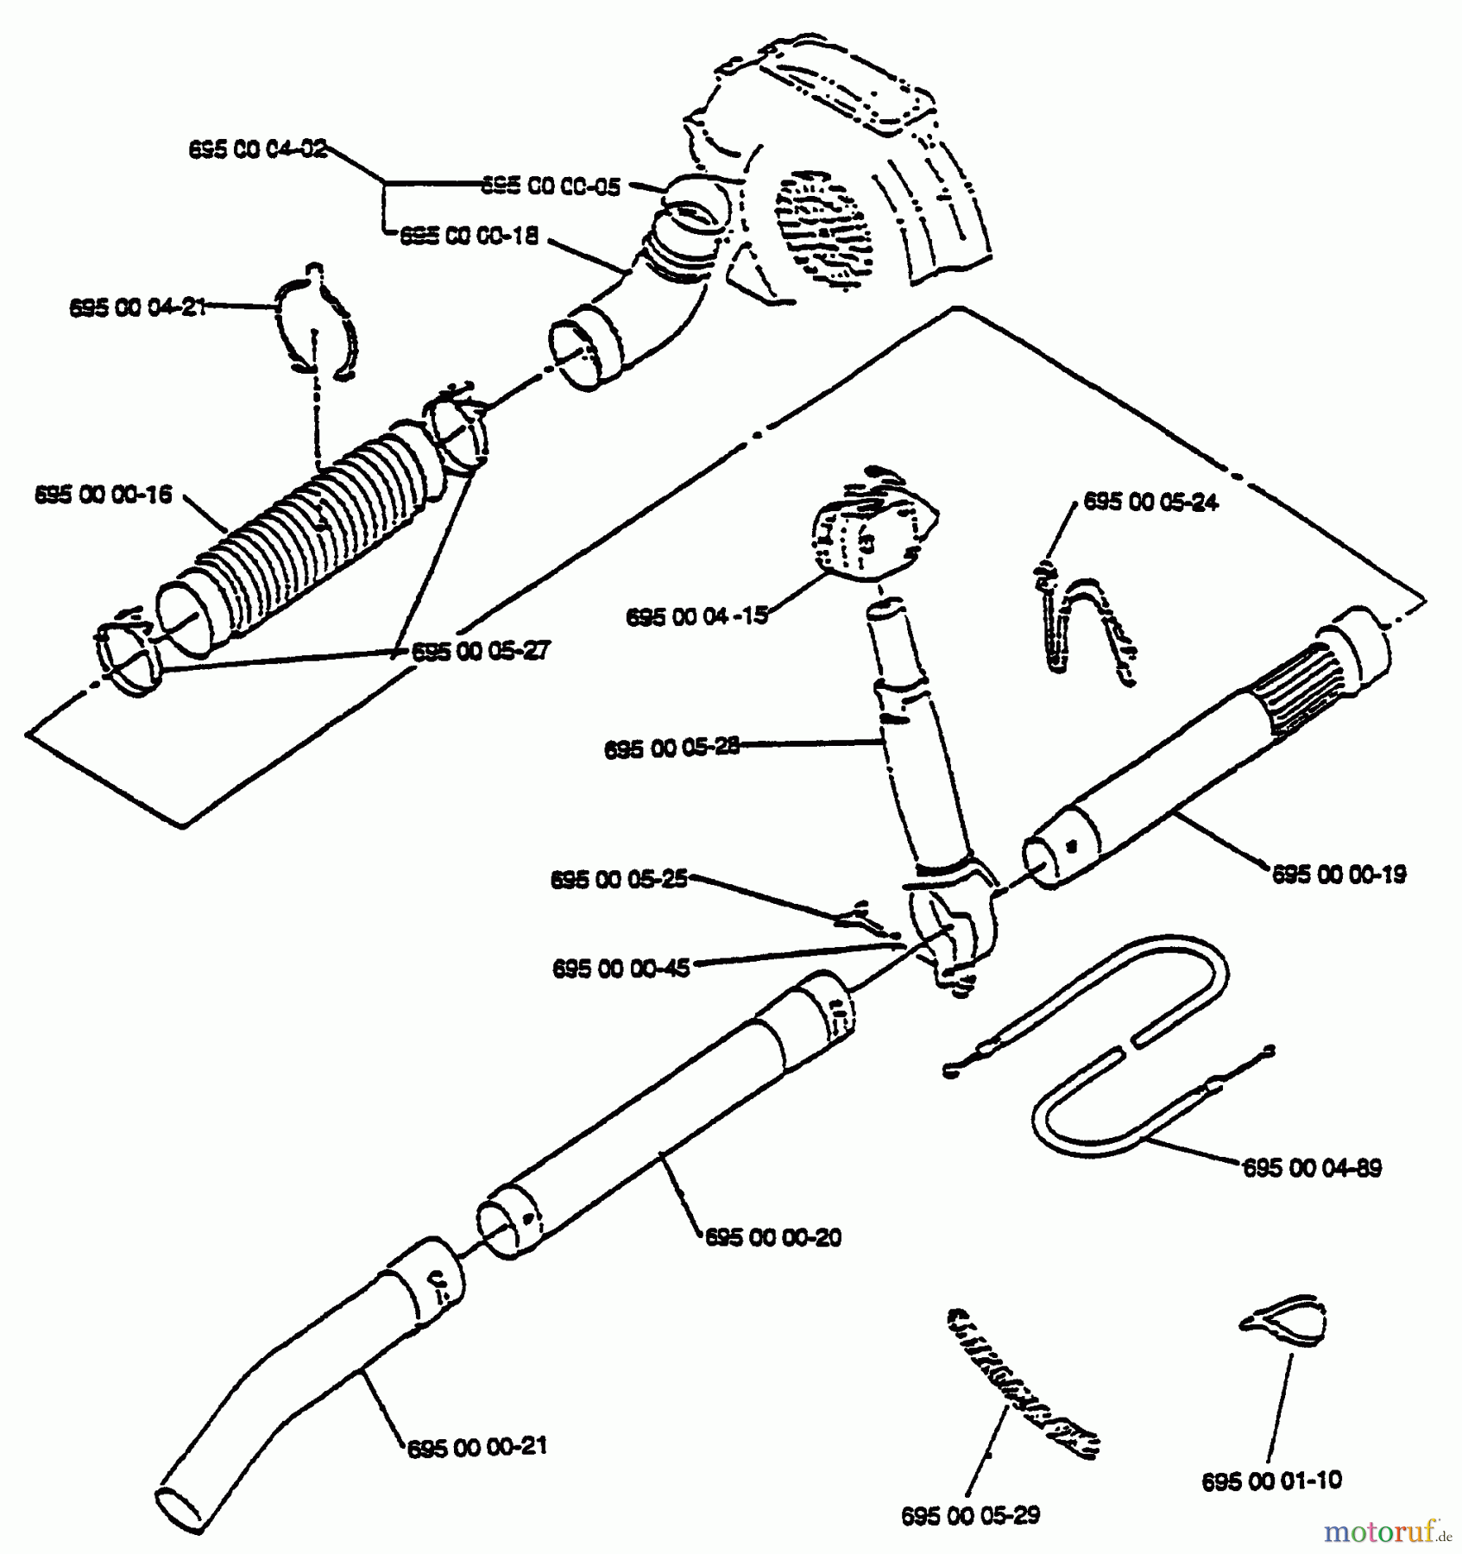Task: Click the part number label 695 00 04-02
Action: click(258, 149)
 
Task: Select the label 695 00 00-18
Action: click(469, 237)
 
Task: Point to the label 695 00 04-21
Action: click(138, 307)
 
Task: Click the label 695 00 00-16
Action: click(103, 495)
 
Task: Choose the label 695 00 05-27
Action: click(480, 651)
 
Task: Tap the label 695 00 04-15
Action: click(696, 616)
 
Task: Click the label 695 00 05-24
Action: click(1150, 502)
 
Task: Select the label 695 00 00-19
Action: click(1339, 875)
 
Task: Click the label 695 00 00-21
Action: click(476, 1446)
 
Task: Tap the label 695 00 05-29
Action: click(970, 1515)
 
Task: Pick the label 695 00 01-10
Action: click(1271, 1481)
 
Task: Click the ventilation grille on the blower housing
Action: click(820, 229)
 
